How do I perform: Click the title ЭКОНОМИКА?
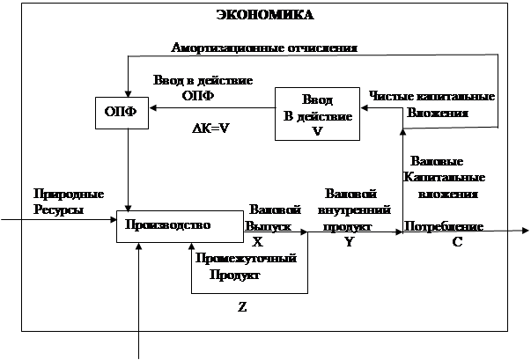tap(265, 15)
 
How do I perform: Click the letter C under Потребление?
tap(457, 242)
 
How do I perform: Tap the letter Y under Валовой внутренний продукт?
tap(349, 242)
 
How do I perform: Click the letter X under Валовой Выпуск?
tap(257, 241)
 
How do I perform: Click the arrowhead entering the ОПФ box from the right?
tap(154, 110)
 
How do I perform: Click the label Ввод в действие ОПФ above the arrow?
tap(202, 86)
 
